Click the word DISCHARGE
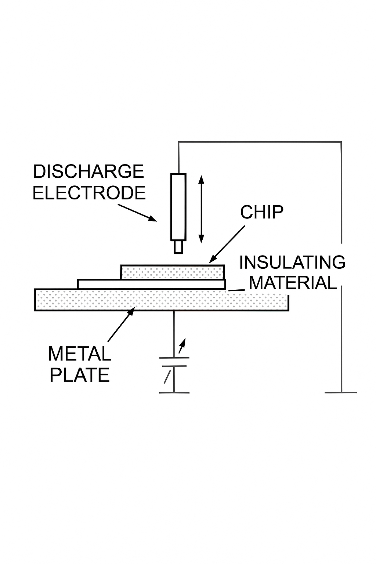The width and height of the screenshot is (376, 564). (88, 172)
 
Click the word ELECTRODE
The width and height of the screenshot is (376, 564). (89, 193)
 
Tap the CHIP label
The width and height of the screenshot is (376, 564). (262, 212)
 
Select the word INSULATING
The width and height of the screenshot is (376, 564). (292, 263)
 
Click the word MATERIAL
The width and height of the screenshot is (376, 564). (293, 283)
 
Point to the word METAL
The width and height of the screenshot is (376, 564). (79, 354)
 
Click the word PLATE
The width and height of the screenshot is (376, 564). (79, 375)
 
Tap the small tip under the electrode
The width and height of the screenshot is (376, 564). (178, 247)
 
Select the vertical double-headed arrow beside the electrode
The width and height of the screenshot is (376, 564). (201, 209)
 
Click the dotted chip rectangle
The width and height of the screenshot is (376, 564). (173, 272)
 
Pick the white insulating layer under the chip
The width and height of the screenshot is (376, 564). (151, 284)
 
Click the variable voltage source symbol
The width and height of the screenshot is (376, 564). (174, 362)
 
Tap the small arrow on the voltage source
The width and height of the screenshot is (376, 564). (182, 345)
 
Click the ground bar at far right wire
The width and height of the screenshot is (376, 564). (341, 393)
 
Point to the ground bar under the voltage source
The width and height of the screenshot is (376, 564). (174, 393)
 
